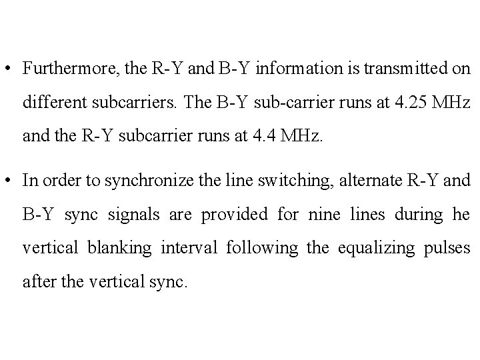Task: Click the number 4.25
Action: (x=407, y=103)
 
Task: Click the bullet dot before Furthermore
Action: (x=10, y=69)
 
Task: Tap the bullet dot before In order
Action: (x=10, y=181)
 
